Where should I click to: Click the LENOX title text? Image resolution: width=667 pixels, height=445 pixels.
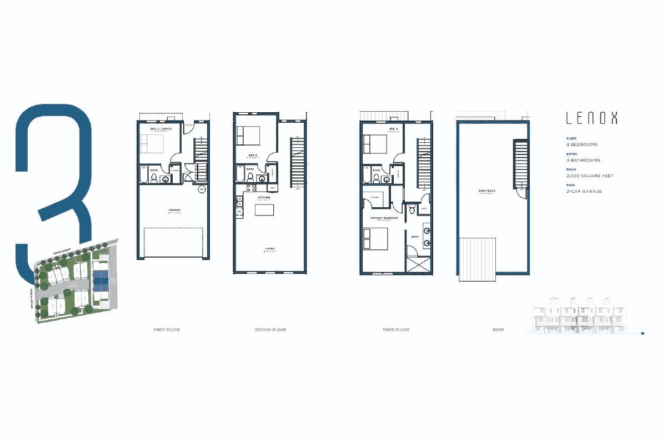tap(591, 118)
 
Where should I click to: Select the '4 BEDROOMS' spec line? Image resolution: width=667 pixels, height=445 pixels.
tap(581, 144)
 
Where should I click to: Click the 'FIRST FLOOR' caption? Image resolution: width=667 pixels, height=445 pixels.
tap(167, 330)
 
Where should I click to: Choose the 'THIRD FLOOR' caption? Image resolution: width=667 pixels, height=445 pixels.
tap(395, 330)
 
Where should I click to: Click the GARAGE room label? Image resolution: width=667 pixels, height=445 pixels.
tap(174, 210)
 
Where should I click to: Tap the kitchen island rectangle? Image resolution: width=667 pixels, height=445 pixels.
tap(264, 210)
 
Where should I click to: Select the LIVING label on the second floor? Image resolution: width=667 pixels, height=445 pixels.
tap(270, 248)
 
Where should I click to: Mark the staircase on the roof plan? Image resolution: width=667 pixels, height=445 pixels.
tap(521, 163)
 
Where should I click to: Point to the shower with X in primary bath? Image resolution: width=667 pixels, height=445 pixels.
tap(418, 264)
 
